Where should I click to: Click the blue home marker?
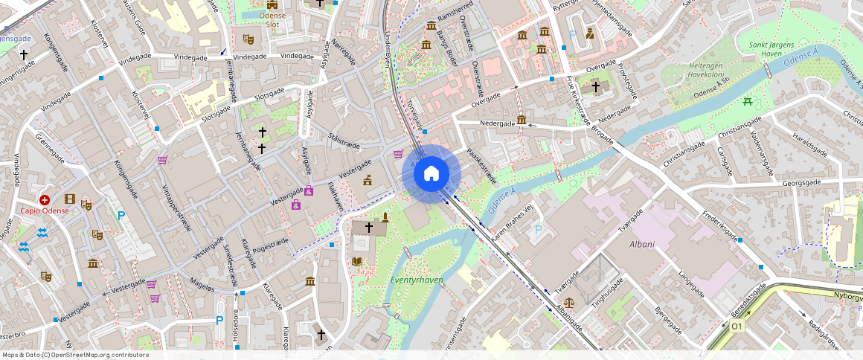pyautogui.click(x=431, y=174)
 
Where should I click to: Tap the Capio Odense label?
pyautogui.click(x=45, y=210)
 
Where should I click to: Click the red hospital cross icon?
pyautogui.click(x=45, y=200)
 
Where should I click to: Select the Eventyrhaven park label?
pyautogui.click(x=417, y=280)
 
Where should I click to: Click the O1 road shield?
pyautogui.click(x=737, y=327)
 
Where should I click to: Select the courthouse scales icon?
pyautogui.click(x=570, y=303)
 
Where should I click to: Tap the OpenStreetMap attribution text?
pyautogui.click(x=75, y=355)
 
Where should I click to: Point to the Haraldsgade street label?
pyautogui.click(x=809, y=140)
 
